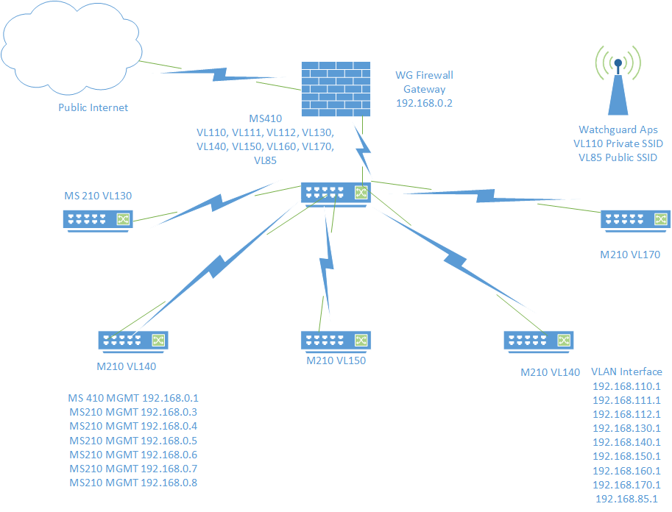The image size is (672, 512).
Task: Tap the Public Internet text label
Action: coord(93,107)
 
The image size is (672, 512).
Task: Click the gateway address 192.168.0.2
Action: coord(424,103)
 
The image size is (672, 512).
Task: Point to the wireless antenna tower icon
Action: coord(618,81)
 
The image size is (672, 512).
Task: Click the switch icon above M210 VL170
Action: coord(635,219)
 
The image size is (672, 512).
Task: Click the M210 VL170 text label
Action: coord(630,255)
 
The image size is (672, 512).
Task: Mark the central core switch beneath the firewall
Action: coord(335,193)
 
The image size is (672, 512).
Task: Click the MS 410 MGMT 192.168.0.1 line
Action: coord(133,398)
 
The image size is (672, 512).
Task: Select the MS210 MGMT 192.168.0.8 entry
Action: coord(133,483)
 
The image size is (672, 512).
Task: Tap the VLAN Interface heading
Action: coord(626,371)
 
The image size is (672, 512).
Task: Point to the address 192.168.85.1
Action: coord(626,499)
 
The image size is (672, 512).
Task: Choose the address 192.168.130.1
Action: coord(626,428)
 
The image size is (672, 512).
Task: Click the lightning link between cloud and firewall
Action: coord(221,74)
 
